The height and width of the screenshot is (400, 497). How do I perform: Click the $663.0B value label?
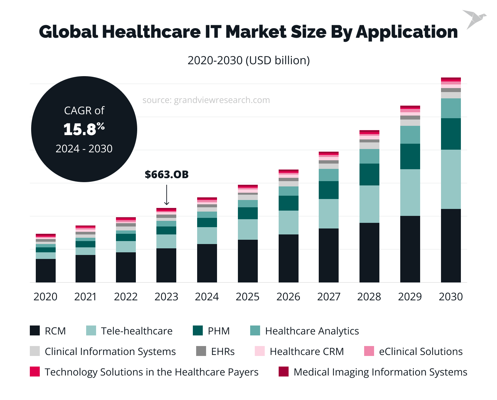pyautogui.click(x=167, y=175)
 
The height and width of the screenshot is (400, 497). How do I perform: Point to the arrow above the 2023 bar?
pyautogui.click(x=167, y=195)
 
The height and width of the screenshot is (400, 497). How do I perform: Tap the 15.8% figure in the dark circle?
pyautogui.click(x=84, y=129)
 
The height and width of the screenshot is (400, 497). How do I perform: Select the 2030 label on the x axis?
pyautogui.click(x=451, y=297)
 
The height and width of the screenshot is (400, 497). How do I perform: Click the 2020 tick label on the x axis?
pyautogui.click(x=45, y=297)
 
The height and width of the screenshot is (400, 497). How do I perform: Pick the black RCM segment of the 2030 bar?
pyautogui.click(x=451, y=245)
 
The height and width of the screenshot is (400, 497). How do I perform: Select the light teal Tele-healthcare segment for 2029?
pyautogui.click(x=410, y=192)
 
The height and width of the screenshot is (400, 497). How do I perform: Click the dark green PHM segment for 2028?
pyautogui.click(x=369, y=174)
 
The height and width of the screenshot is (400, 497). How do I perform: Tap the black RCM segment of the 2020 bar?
pyautogui.click(x=46, y=271)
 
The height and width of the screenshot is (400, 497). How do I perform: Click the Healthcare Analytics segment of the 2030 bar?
pyautogui.click(x=451, y=108)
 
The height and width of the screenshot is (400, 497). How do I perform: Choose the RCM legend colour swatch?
pyautogui.click(x=35, y=331)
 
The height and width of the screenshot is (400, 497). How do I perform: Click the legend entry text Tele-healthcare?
pyautogui.click(x=137, y=331)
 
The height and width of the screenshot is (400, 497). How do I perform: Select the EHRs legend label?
pyautogui.click(x=223, y=352)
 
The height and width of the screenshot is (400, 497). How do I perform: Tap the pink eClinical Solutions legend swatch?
pyautogui.click(x=369, y=351)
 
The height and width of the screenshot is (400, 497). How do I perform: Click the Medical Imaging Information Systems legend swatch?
pyautogui.click(x=283, y=372)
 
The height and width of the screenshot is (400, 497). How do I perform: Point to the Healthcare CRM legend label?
pyautogui.click(x=306, y=352)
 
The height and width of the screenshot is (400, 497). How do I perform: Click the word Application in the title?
pyautogui.click(x=407, y=32)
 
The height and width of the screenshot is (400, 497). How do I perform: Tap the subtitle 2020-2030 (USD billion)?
pyautogui.click(x=248, y=60)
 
